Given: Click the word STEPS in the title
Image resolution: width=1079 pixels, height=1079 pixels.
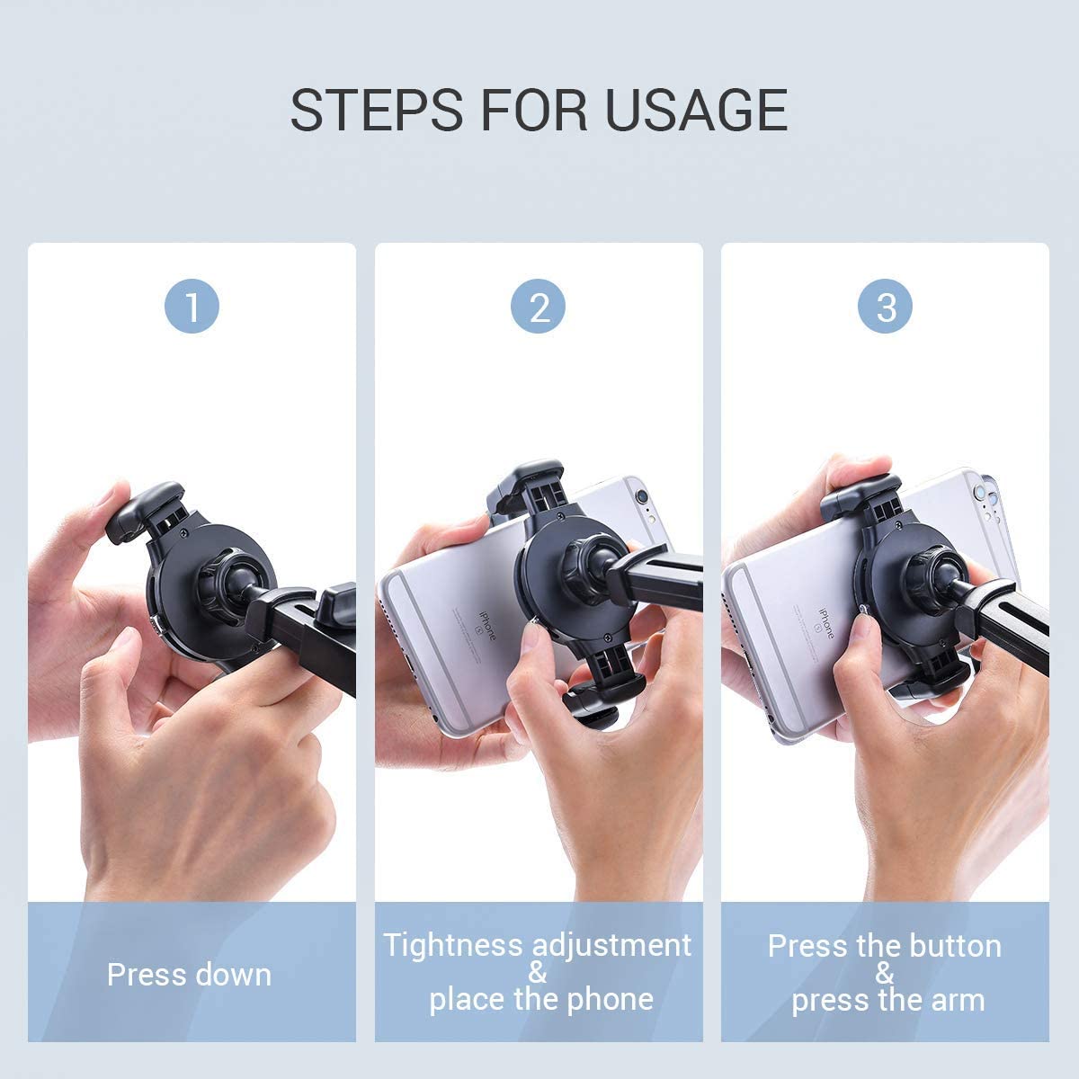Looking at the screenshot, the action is (x=376, y=110).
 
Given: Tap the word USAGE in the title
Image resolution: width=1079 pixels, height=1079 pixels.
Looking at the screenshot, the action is (x=696, y=110).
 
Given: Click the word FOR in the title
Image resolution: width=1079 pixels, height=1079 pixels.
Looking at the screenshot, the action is (x=534, y=110).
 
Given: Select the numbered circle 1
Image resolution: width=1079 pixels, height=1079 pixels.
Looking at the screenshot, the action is (x=192, y=307).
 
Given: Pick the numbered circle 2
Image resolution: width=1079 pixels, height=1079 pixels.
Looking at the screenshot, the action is (x=538, y=307).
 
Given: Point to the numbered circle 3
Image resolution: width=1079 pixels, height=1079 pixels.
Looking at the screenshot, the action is (x=885, y=307).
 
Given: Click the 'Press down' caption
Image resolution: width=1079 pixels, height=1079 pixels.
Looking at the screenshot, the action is (x=189, y=975).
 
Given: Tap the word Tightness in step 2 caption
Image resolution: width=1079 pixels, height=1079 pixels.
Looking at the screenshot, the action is (x=452, y=946).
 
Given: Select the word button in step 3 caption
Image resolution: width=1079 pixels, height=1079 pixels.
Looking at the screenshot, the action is (x=955, y=946).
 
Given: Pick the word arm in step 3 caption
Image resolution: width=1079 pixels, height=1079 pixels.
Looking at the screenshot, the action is (x=957, y=1001).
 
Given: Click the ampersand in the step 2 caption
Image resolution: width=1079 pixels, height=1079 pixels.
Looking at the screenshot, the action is (x=537, y=972).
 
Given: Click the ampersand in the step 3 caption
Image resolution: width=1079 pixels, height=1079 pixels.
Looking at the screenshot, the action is (x=885, y=973).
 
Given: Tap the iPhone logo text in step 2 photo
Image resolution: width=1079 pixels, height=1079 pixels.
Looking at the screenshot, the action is (x=487, y=626).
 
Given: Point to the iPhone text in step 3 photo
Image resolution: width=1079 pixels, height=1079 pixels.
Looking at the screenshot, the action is (x=826, y=623).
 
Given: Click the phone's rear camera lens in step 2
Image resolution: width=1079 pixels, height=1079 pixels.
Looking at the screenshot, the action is (x=641, y=496).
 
